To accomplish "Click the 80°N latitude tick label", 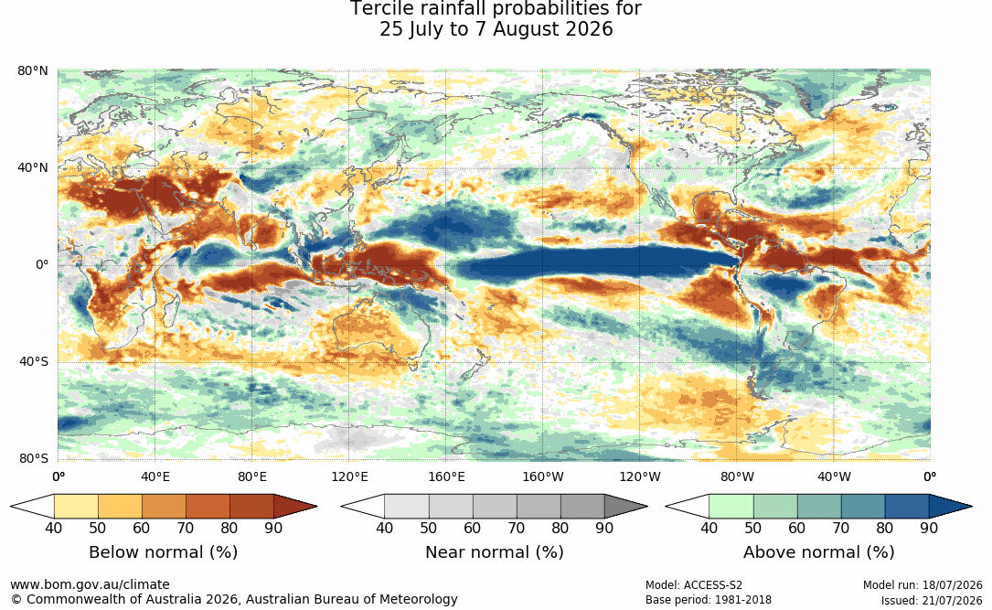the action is (x=33, y=70).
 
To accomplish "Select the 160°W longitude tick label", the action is (x=543, y=476).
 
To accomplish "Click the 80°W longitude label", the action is (x=737, y=476).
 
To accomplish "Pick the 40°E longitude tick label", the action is (x=155, y=476).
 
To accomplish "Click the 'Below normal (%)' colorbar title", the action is (x=164, y=552).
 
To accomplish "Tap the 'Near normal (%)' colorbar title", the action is (x=494, y=552).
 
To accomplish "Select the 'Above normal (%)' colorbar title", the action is (x=818, y=552).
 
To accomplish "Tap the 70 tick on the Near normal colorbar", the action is (x=517, y=528).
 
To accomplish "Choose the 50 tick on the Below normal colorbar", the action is (x=98, y=528).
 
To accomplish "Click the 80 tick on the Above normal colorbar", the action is (x=884, y=528).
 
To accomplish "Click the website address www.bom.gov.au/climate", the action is (x=90, y=584).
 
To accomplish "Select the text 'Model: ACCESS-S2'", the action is (x=694, y=585).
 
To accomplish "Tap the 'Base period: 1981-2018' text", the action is (x=709, y=600).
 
